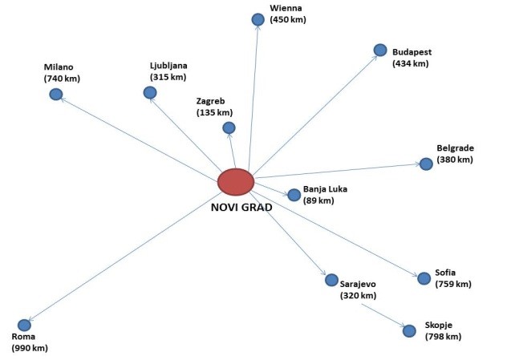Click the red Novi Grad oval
coord(236,181)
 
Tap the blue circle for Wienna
coord(258,19)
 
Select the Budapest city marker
coord(380,51)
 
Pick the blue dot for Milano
coord(56,95)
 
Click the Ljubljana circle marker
coord(150,93)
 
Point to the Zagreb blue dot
coord(229,127)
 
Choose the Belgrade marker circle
coord(426,164)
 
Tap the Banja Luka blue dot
coord(294,195)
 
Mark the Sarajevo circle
coord(331,280)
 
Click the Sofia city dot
coord(424,278)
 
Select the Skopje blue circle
coord(409,330)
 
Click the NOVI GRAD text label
coord(241,207)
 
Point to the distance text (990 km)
coord(30,349)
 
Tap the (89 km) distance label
coord(318,200)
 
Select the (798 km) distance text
coord(443,337)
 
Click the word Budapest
coord(412,52)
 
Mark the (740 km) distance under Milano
coord(63,79)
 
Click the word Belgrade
coord(456,148)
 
